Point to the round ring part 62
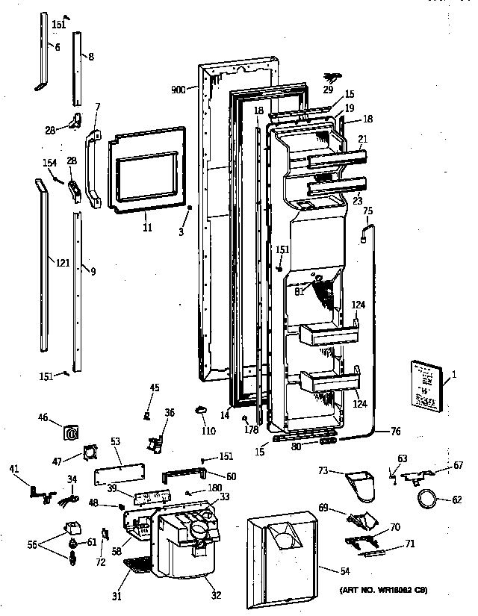[x=426, y=500]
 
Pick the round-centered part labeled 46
[x=71, y=432]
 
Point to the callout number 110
[x=208, y=431]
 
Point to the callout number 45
[x=155, y=387]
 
